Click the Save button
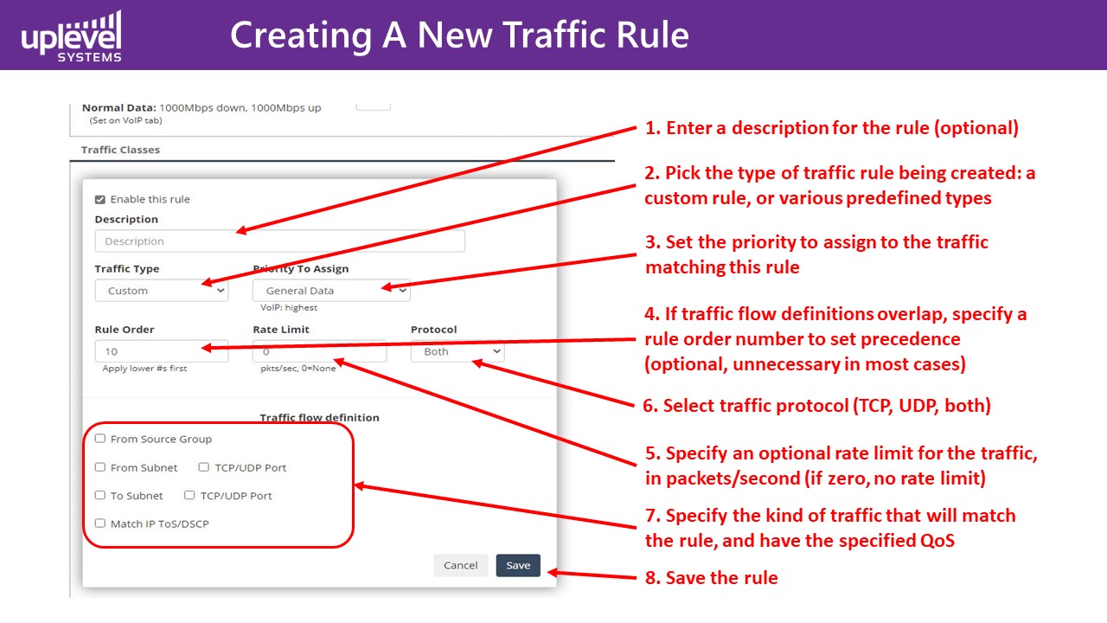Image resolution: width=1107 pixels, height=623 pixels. pos(518,565)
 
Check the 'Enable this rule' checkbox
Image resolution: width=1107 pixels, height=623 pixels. pos(100,199)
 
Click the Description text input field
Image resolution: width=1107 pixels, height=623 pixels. pos(279,241)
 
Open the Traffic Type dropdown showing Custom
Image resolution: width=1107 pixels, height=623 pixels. pos(162,290)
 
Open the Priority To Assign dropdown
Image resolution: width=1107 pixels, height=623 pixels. pos(331,290)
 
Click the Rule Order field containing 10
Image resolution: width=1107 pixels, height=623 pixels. pos(162,351)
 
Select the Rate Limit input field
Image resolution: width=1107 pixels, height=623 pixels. pos(319,351)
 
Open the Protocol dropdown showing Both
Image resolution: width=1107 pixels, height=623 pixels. pos(458,351)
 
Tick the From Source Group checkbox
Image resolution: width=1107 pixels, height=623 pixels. pos(100,439)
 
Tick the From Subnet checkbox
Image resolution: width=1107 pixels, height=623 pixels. pos(100,467)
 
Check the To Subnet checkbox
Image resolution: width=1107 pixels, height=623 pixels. pos(100,496)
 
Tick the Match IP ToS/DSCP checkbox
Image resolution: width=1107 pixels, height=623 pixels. pos(100,523)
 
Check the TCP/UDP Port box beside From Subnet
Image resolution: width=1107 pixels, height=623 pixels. pos(203,467)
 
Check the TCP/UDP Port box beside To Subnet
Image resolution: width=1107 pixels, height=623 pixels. pos(189,496)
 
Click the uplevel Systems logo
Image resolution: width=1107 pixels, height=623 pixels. pos(71,36)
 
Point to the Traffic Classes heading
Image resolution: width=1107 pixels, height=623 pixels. pos(120,150)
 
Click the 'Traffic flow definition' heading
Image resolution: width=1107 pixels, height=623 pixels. pos(320,417)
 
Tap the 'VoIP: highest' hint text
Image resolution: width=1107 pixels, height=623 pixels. pos(289,307)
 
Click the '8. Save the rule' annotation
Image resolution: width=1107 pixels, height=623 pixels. pos(712,577)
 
